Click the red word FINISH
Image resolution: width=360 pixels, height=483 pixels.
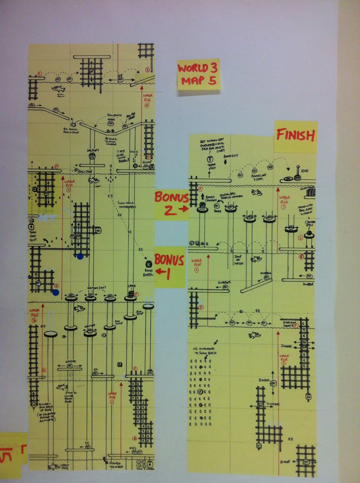point(295,135)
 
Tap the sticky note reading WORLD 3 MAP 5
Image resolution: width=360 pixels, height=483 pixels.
point(198,74)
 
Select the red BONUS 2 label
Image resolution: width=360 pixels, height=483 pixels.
point(172,203)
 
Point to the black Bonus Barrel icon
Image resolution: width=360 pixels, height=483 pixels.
point(148,264)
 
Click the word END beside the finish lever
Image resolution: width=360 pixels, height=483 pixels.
point(305,171)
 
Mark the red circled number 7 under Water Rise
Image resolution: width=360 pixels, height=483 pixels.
point(284,207)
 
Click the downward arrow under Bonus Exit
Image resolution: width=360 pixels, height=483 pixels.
point(225,162)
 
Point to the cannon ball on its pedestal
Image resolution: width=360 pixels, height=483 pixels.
point(309,233)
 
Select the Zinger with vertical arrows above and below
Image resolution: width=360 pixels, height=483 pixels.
point(273,383)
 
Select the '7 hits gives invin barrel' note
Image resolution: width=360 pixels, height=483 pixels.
point(122,156)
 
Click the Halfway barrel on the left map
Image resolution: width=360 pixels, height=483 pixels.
point(92,155)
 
